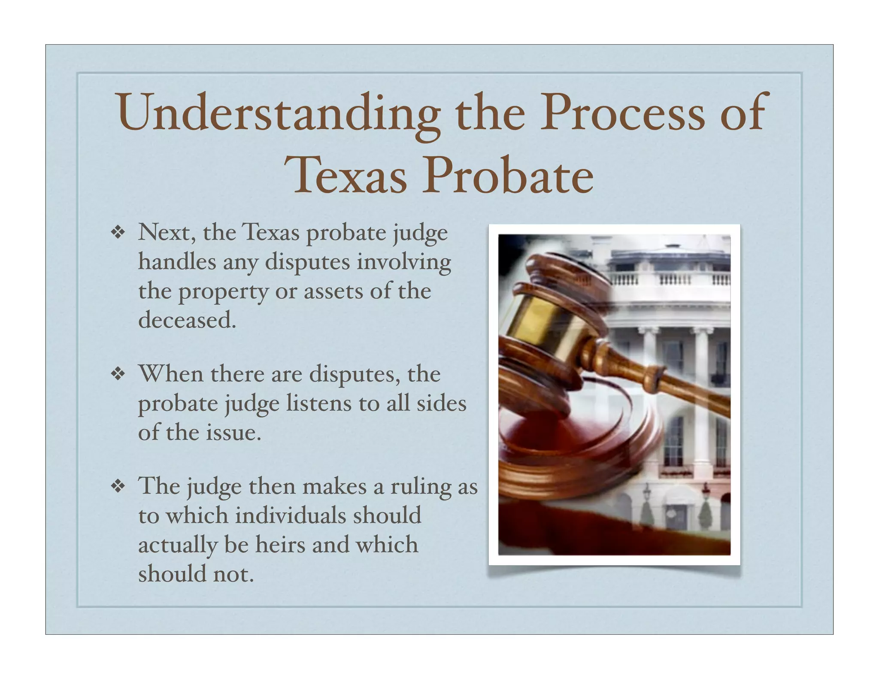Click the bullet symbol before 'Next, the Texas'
point(118,233)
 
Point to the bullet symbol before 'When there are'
point(118,374)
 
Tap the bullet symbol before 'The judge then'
point(118,486)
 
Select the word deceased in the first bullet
point(187,320)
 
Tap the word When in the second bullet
point(171,374)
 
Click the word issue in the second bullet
point(233,433)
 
